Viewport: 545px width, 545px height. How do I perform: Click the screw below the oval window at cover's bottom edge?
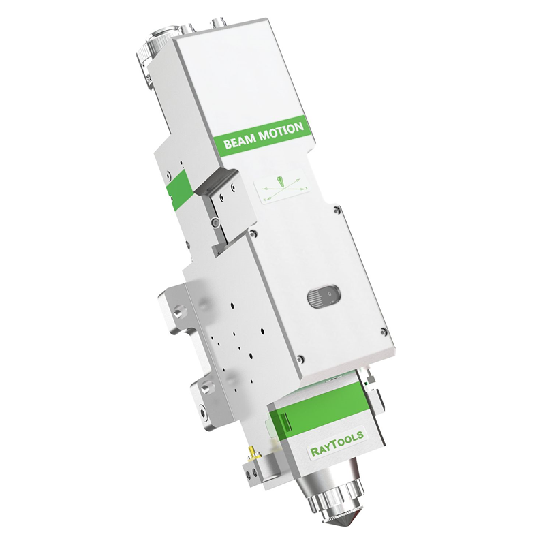click(x=300, y=356)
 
